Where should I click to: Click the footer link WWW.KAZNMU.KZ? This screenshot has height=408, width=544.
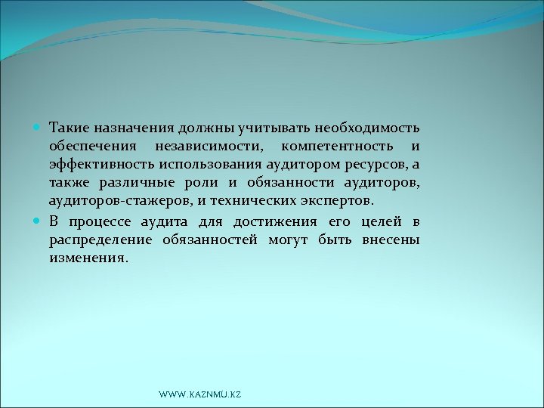(200, 395)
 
